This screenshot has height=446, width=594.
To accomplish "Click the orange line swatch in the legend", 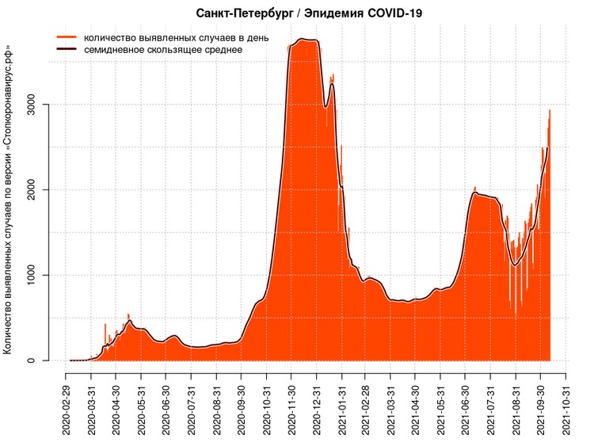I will pos(66,37).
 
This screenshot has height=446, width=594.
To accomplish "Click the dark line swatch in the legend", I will pos(66,50).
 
